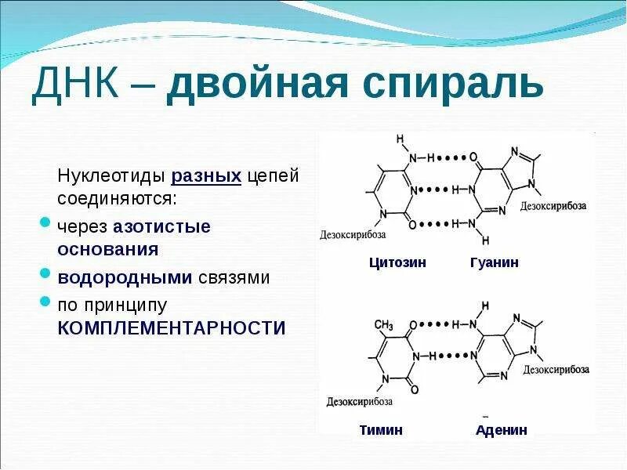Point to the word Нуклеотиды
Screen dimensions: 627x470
(111, 176)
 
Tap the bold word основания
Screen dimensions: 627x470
(108, 249)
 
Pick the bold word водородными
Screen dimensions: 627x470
(125, 277)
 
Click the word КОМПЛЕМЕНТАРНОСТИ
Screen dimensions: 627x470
(172, 327)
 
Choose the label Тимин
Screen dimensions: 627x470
(381, 429)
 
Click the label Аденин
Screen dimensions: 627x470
(502, 429)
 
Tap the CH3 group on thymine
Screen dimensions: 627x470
(383, 324)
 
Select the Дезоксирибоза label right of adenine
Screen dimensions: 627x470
(556, 369)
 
